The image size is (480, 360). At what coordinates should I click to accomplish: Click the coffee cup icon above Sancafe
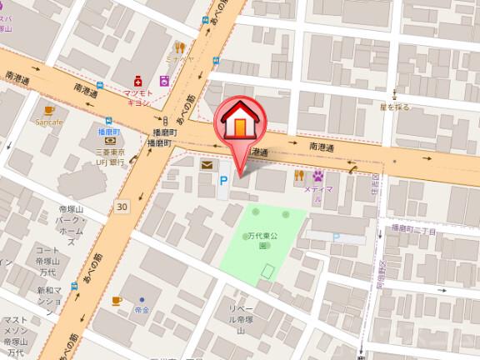49,109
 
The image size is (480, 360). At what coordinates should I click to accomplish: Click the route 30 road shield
123,205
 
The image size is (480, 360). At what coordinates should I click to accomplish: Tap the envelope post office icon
206,165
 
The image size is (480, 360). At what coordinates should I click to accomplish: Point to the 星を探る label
396,107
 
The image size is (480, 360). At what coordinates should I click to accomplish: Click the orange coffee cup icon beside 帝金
117,300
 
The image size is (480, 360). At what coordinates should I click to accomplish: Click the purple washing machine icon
165,82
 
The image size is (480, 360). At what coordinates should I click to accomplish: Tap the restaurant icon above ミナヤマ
178,47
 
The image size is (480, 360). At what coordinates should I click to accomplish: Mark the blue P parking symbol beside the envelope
222,179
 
